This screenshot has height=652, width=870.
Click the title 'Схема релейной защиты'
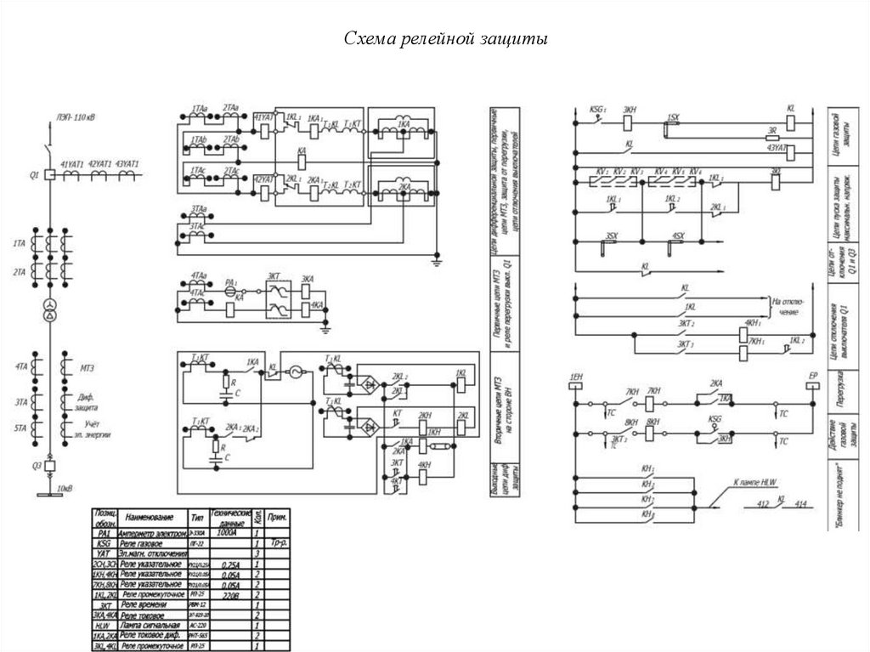434,39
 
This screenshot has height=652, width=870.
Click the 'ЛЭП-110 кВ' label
76,117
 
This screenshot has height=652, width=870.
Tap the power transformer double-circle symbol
49,307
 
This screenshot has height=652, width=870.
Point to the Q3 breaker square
49,465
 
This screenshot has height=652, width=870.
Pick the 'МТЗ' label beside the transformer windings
87,368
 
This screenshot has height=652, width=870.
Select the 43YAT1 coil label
127,162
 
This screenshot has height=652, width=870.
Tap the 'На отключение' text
785,307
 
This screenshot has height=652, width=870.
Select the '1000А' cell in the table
225,533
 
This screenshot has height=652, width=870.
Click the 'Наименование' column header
149,517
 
